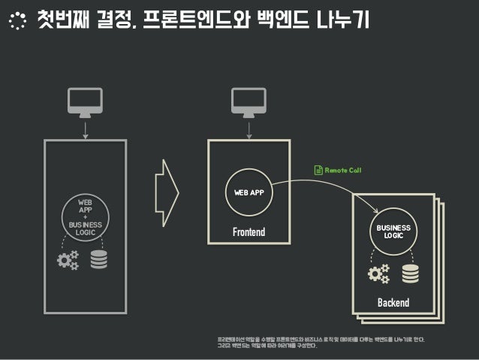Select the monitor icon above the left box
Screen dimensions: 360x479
(84, 102)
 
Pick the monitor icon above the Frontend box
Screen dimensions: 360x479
(249, 102)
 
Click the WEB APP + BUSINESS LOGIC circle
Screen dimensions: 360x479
(84, 216)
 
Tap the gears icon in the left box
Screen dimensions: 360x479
(68, 260)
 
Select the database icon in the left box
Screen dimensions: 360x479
(99, 260)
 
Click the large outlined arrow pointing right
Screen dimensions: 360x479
(166, 192)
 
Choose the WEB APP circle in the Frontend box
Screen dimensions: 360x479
(248, 192)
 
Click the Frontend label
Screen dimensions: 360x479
(249, 232)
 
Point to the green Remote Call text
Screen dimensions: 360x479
(343, 171)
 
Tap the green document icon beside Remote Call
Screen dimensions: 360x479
(318, 171)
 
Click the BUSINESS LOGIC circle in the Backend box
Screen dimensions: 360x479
(393, 231)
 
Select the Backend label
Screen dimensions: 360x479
(393, 303)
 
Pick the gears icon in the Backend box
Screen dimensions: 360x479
(378, 274)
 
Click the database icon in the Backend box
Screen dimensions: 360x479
(410, 274)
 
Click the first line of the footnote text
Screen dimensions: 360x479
(320, 340)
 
